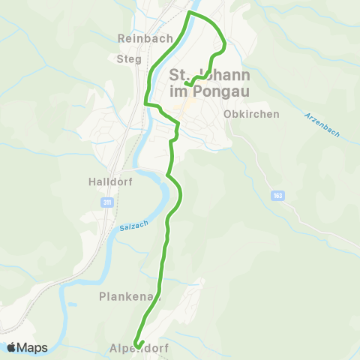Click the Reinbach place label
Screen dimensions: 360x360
(x=145, y=37)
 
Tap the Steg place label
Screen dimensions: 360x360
(x=129, y=58)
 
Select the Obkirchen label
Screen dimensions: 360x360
(x=251, y=114)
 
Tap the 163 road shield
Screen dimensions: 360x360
(x=278, y=195)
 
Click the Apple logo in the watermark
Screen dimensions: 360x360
(x=11, y=347)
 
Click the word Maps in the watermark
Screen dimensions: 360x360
(x=32, y=347)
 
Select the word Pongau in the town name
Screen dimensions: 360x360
(x=220, y=91)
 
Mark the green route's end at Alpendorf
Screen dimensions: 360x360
(x=137, y=346)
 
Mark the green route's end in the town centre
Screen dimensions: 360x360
(x=186, y=84)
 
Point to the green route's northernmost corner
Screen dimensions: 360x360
(x=189, y=13)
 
